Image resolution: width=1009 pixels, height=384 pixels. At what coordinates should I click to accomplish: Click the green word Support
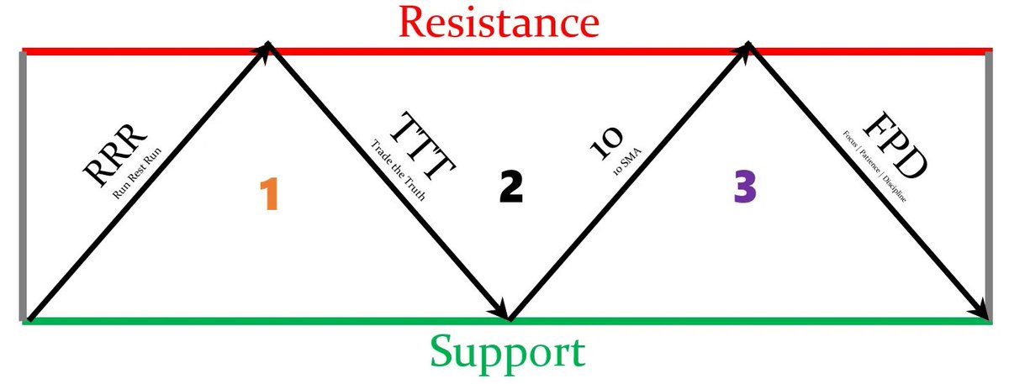[x=506, y=353]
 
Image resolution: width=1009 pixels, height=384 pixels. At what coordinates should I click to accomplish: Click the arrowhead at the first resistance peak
[x=266, y=50]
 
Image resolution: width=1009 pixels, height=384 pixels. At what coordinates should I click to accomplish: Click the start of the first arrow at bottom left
[x=31, y=318]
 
